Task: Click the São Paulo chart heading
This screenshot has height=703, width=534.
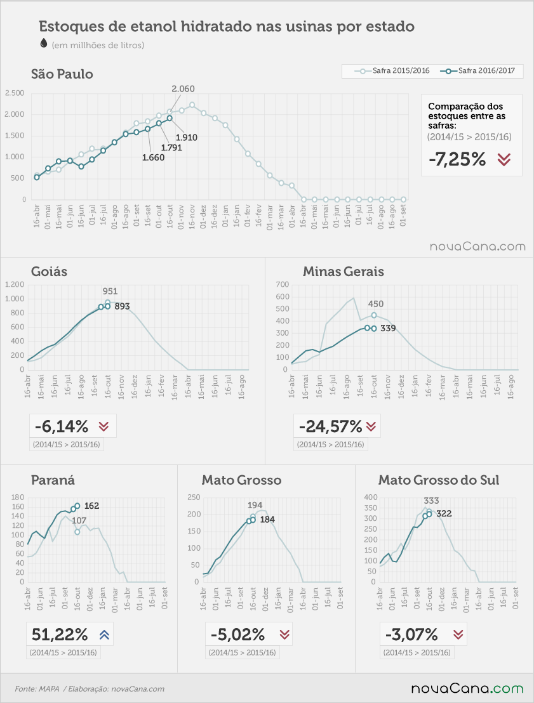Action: point(62,74)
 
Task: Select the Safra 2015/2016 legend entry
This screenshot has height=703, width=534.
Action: point(392,71)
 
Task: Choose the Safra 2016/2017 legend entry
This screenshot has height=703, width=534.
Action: point(477,71)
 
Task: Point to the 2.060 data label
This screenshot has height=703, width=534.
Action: point(183,89)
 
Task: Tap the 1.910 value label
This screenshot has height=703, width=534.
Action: point(186,138)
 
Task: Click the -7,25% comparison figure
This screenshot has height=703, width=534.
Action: point(457,159)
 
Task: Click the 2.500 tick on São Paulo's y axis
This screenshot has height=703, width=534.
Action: point(15,93)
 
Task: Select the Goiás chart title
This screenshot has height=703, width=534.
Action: point(49,272)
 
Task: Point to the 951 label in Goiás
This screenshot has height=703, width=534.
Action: point(110,291)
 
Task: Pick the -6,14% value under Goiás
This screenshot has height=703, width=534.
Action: point(62,426)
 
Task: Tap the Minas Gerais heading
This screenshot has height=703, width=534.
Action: point(344,272)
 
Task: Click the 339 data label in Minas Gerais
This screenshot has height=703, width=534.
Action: point(388,328)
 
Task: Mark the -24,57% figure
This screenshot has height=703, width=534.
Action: point(330,426)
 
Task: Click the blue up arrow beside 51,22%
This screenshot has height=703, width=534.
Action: point(105,635)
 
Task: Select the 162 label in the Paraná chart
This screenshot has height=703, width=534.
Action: point(91,506)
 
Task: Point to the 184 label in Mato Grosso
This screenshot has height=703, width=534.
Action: point(267,520)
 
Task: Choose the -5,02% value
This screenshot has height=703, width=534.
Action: point(238,635)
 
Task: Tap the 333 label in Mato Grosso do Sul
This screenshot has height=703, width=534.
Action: point(431,501)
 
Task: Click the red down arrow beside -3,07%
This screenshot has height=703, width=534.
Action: point(458,635)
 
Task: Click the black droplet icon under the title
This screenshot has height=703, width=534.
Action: point(44,43)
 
